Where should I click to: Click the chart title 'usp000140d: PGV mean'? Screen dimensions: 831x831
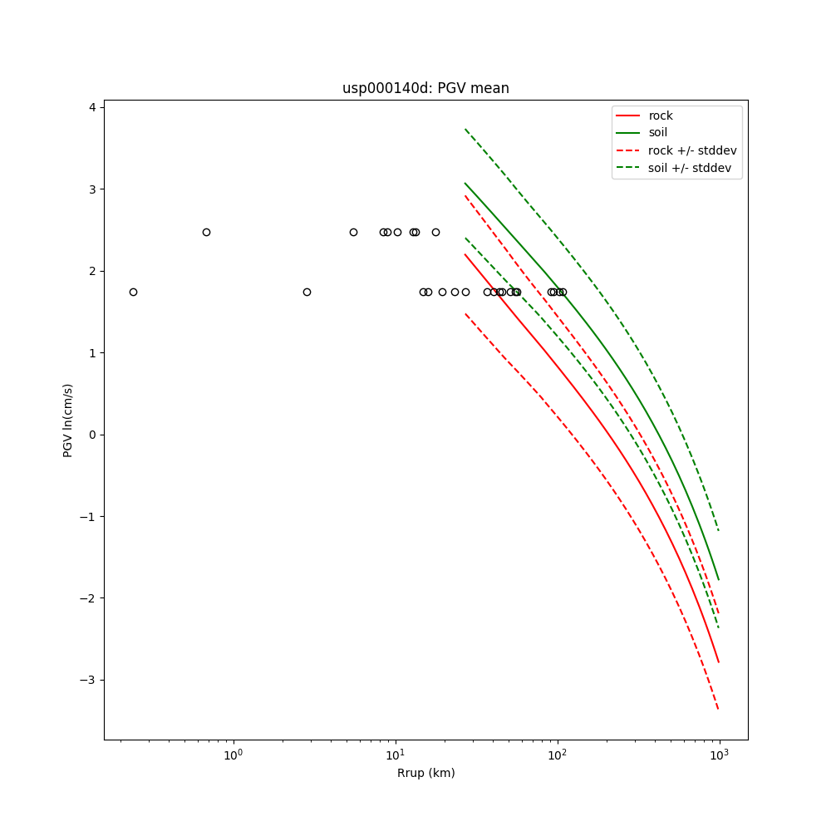coord(425,88)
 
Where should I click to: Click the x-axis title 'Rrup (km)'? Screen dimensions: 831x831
coord(425,773)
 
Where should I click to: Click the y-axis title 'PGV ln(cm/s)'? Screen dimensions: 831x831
coord(68,420)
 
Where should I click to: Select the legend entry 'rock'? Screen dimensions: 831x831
coord(661,116)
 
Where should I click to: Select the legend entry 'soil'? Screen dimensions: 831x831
coord(657,133)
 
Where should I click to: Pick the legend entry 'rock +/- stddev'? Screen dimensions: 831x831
coord(692,150)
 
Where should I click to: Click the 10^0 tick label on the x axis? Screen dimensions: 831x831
coord(234,755)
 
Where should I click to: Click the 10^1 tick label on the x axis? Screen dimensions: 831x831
coord(396,755)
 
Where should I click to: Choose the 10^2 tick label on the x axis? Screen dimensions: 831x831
coord(558,755)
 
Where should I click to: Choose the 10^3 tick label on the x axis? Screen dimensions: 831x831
coord(720,755)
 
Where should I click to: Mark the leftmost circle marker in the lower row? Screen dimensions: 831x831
coord(133,292)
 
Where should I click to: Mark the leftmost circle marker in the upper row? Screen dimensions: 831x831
coord(206,232)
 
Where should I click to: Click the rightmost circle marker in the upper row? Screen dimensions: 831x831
coord(435,232)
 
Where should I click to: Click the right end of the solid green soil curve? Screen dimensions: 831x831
coord(719,580)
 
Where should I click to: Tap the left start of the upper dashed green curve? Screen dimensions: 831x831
coord(465,129)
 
